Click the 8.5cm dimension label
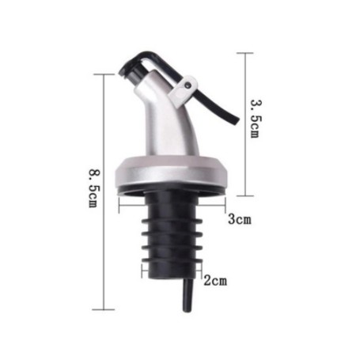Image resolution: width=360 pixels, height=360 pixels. point(94,188)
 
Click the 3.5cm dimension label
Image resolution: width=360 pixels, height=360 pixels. point(256,119)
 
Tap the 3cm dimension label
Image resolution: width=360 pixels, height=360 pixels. point(240,219)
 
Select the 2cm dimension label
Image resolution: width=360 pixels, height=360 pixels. point(215,281)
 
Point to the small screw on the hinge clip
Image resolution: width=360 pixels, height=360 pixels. point(188,85)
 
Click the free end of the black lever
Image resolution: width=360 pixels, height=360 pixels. point(236,120)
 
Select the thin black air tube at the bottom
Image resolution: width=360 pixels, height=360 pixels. point(188,295)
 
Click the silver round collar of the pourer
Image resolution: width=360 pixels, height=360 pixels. point(172,174)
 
